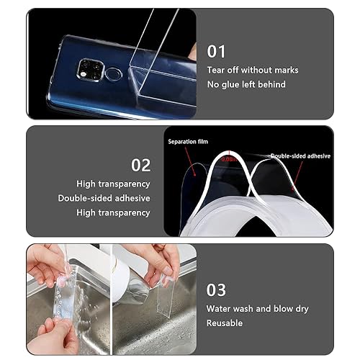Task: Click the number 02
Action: pos(140,165)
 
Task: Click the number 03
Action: pos(217,289)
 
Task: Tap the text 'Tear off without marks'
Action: pos(252,70)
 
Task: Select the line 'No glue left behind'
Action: pos(246,84)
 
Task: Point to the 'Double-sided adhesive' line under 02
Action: pos(104,198)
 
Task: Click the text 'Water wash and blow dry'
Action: pos(257,309)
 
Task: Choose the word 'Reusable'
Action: pos(225,323)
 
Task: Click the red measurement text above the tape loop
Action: pos(230,158)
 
